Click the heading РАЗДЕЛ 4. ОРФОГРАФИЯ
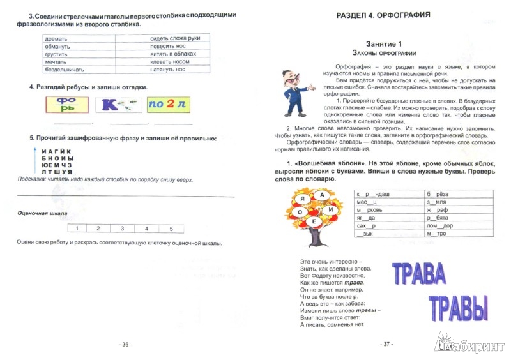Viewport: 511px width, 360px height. click(374, 13)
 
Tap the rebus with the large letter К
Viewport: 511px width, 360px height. click(118, 105)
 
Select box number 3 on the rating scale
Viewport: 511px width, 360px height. click(120, 228)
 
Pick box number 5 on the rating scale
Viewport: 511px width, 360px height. click(170, 228)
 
